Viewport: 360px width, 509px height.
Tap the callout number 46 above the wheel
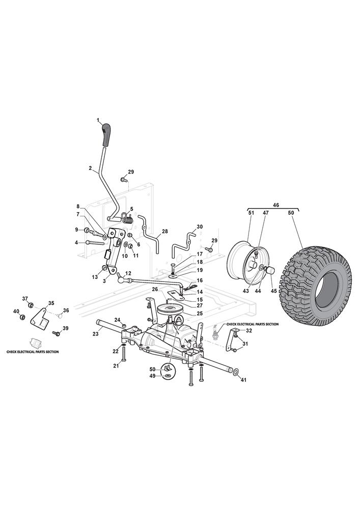click(275, 205)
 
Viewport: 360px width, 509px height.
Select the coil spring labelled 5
click(128, 217)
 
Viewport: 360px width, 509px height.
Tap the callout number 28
click(164, 232)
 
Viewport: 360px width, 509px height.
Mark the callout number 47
click(266, 213)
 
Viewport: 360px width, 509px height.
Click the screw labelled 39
click(57, 333)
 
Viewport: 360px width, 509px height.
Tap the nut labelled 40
click(23, 317)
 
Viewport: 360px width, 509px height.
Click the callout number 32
click(249, 331)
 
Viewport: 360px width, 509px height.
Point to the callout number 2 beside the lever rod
click(90, 168)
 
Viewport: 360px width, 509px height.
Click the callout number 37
click(25, 298)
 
